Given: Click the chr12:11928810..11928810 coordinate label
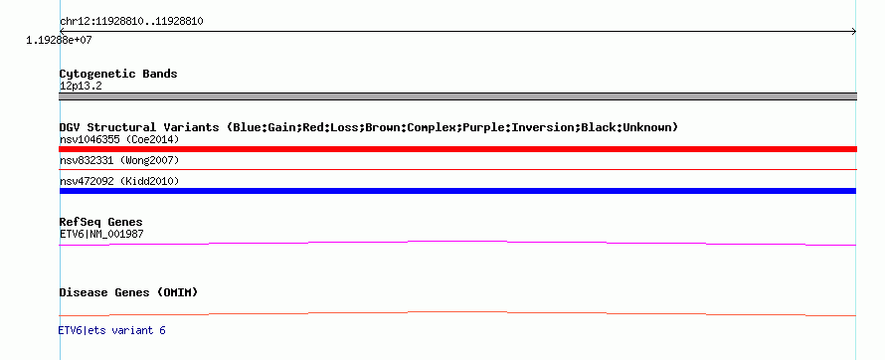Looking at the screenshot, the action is point(131,22).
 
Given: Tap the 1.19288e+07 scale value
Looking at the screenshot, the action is point(60,40).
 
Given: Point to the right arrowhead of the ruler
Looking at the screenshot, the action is point(853,32).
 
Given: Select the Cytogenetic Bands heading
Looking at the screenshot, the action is point(118,74).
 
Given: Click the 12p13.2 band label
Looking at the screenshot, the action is point(81,87).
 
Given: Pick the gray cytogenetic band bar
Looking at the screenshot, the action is point(457,96).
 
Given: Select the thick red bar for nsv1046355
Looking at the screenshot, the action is point(457,149).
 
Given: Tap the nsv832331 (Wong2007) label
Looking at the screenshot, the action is point(119,161).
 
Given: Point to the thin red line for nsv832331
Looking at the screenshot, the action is point(457,169).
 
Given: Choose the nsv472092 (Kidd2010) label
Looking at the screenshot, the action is point(119,181).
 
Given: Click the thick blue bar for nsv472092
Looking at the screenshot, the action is point(457,191).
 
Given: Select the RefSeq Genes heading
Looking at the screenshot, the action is point(101,223).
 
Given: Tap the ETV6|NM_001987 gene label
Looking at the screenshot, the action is point(101,234).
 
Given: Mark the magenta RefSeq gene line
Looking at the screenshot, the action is point(457,242).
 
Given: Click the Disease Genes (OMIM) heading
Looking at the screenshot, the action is point(128,292).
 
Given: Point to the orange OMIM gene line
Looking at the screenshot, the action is point(457,312).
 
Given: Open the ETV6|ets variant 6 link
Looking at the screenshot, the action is point(111,330).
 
